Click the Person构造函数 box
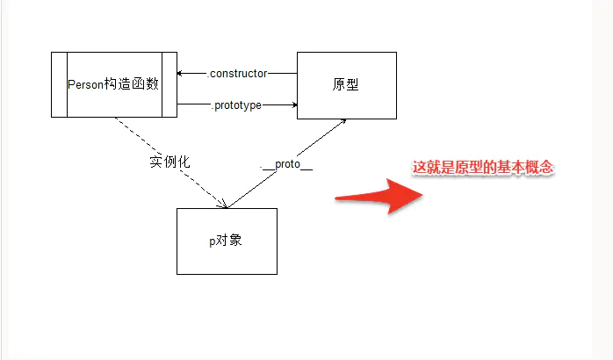pos(114,84)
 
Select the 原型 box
pos(346,84)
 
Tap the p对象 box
pos(227,241)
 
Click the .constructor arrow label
pos(237,73)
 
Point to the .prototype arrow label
pos(237,105)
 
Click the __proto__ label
pos(287,165)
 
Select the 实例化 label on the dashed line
pos(169,162)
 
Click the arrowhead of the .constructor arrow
pos(180,73)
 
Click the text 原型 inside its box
pos(346,85)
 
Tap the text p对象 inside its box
pos(226,241)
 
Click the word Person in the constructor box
pos(85,84)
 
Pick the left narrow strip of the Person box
pos(59,84)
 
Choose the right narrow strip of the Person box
pos(169,84)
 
